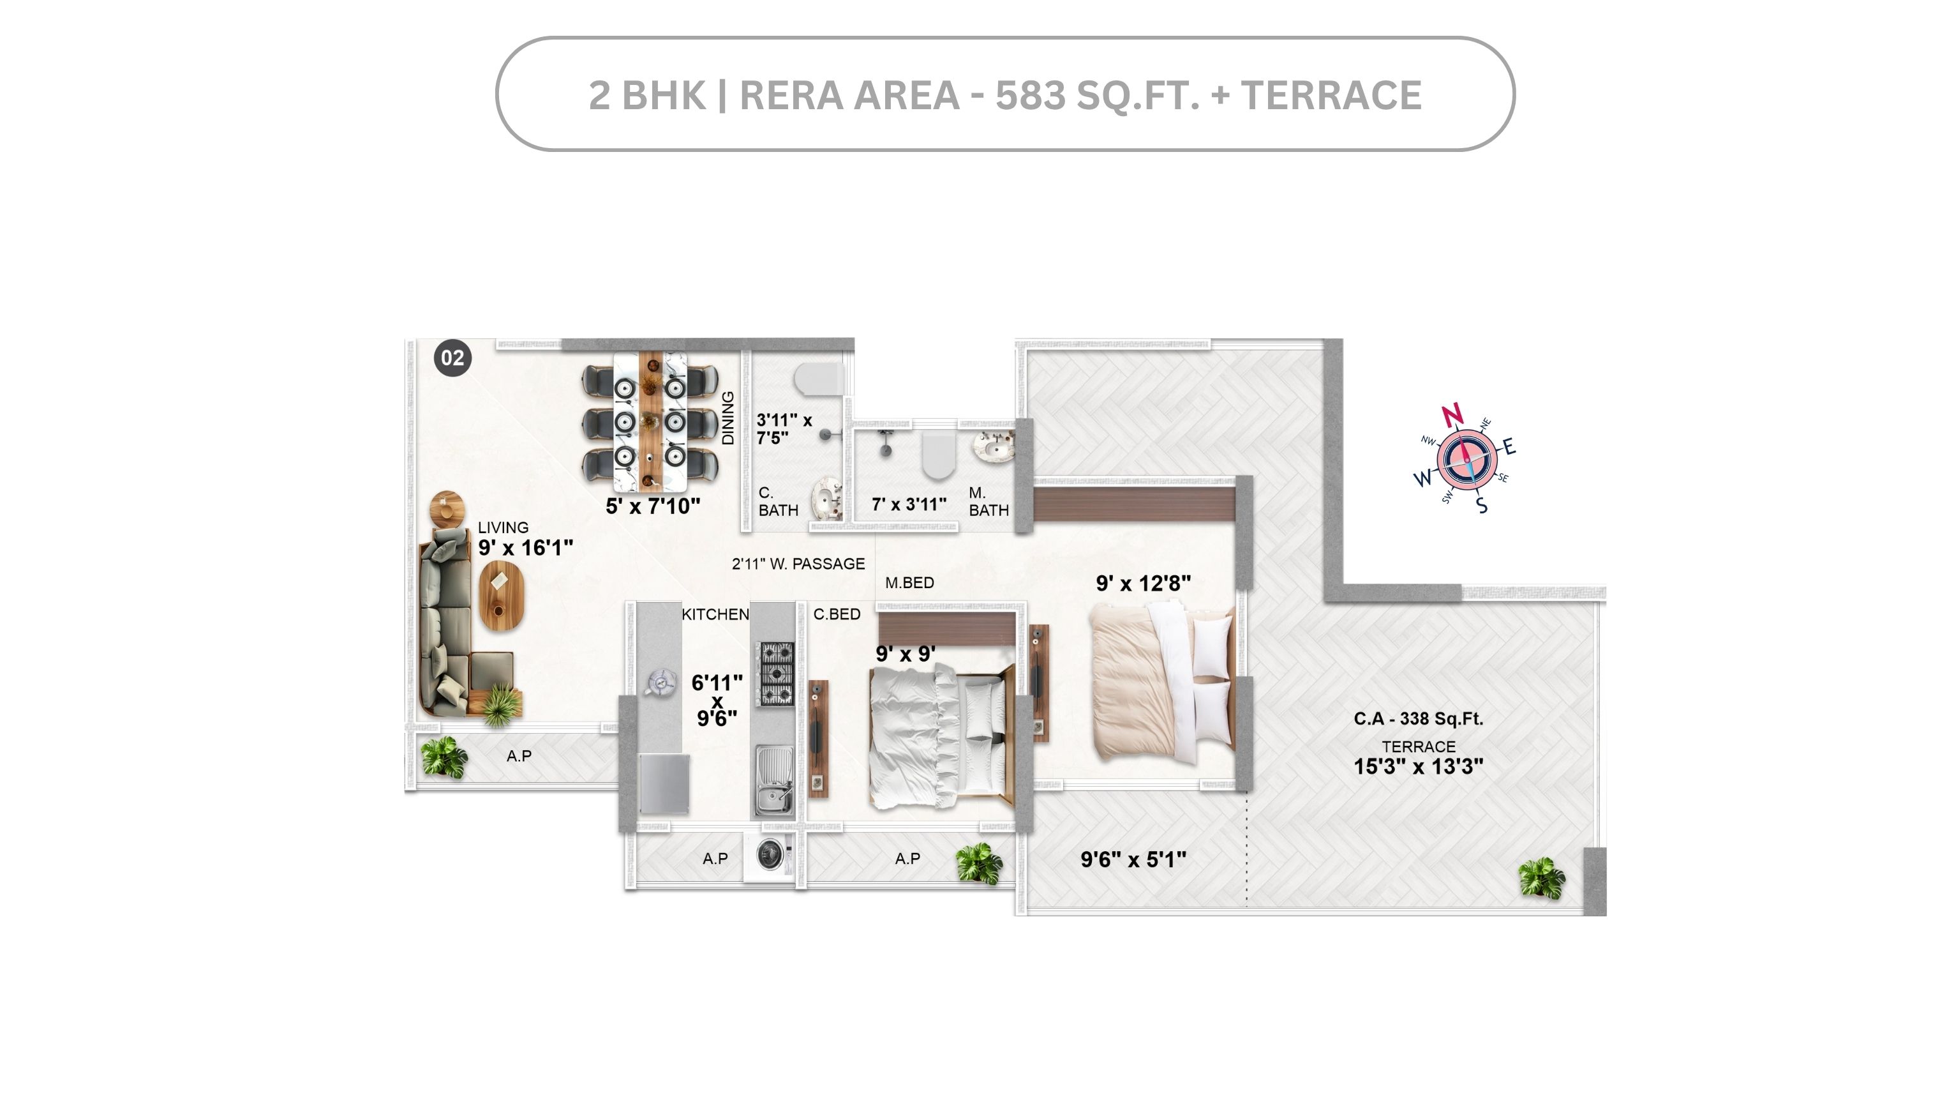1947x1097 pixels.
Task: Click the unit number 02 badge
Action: point(452,358)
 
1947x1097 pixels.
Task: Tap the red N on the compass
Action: point(1452,415)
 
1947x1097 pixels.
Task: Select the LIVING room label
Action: point(503,527)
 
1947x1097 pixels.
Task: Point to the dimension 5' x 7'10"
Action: point(653,506)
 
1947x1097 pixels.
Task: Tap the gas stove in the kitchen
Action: point(776,673)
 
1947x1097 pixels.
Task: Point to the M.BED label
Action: point(909,583)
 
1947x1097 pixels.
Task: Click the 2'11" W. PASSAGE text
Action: point(798,564)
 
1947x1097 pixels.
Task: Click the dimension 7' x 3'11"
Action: point(909,504)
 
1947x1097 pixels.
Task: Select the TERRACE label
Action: point(1419,747)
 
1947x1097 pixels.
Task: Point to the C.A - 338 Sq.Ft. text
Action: point(1419,719)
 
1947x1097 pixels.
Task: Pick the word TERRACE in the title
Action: point(1332,95)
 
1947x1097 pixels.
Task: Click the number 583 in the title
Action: point(1030,95)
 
